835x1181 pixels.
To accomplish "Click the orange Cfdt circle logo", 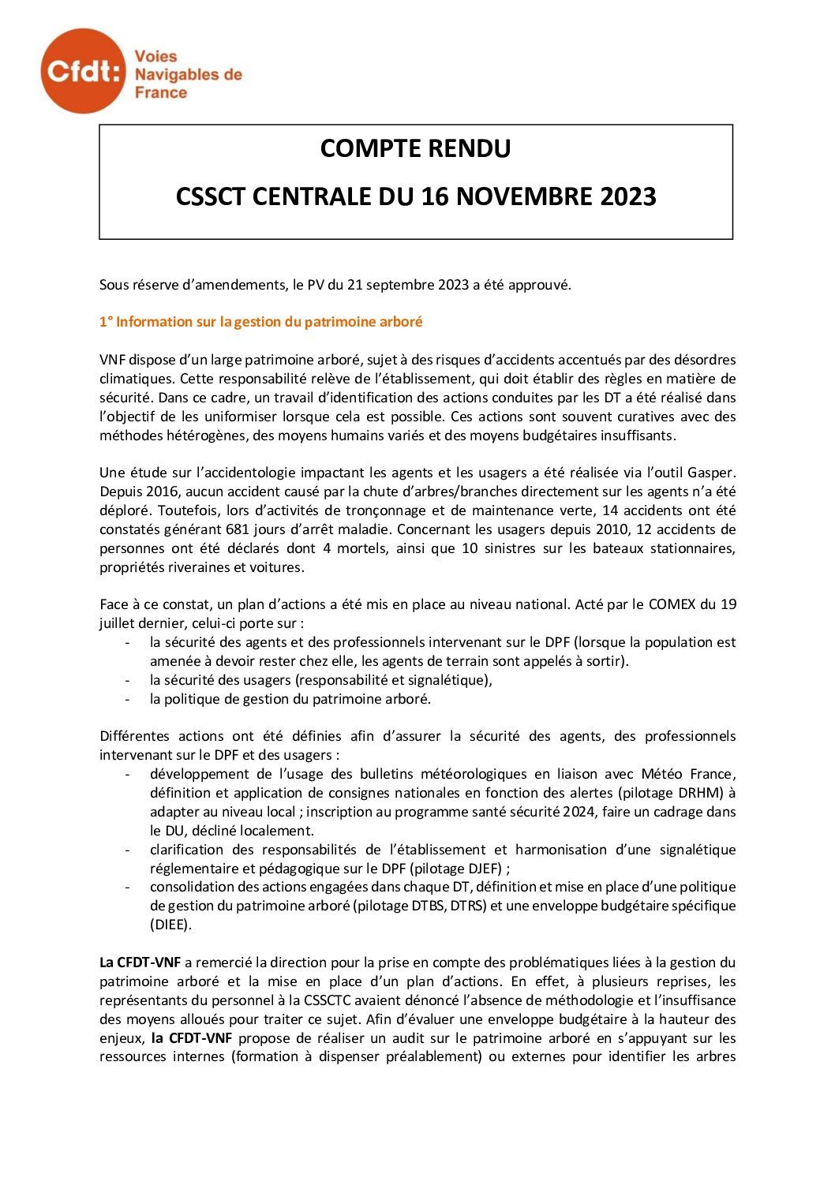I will pos(83,71).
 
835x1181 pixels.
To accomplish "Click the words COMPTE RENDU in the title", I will pos(415,148).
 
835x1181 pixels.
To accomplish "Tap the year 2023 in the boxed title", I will pos(627,196).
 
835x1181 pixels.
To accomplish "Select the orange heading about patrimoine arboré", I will pos(260,322).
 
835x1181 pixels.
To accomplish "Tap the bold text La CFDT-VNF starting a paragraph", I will pos(140,962).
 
